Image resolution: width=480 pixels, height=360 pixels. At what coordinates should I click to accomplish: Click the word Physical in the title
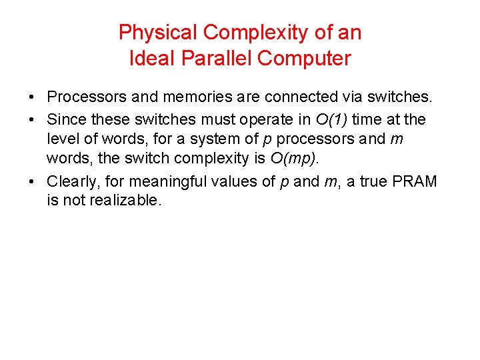coord(157,32)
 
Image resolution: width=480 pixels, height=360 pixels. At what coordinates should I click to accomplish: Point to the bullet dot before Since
coord(33,120)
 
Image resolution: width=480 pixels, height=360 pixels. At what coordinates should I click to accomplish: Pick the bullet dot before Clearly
coord(33,182)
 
